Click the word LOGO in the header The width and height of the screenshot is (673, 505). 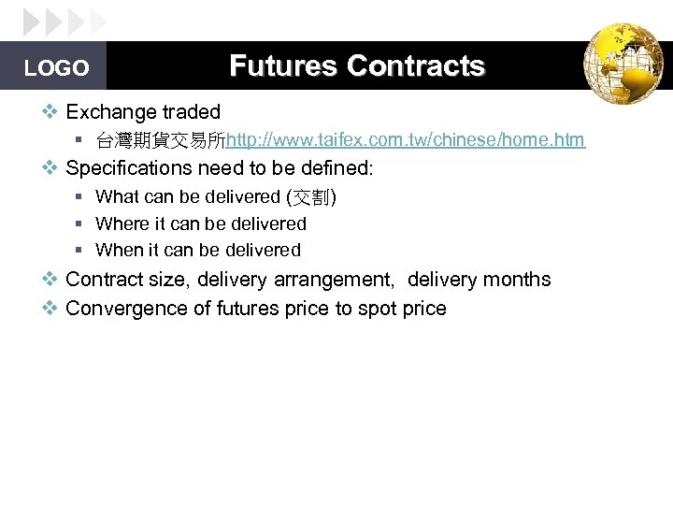(x=57, y=68)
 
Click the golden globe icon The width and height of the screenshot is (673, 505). (x=623, y=64)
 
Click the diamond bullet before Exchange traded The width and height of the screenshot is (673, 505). (x=51, y=112)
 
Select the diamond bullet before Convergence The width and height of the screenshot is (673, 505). (x=51, y=309)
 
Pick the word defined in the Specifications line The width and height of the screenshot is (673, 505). (x=340, y=168)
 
